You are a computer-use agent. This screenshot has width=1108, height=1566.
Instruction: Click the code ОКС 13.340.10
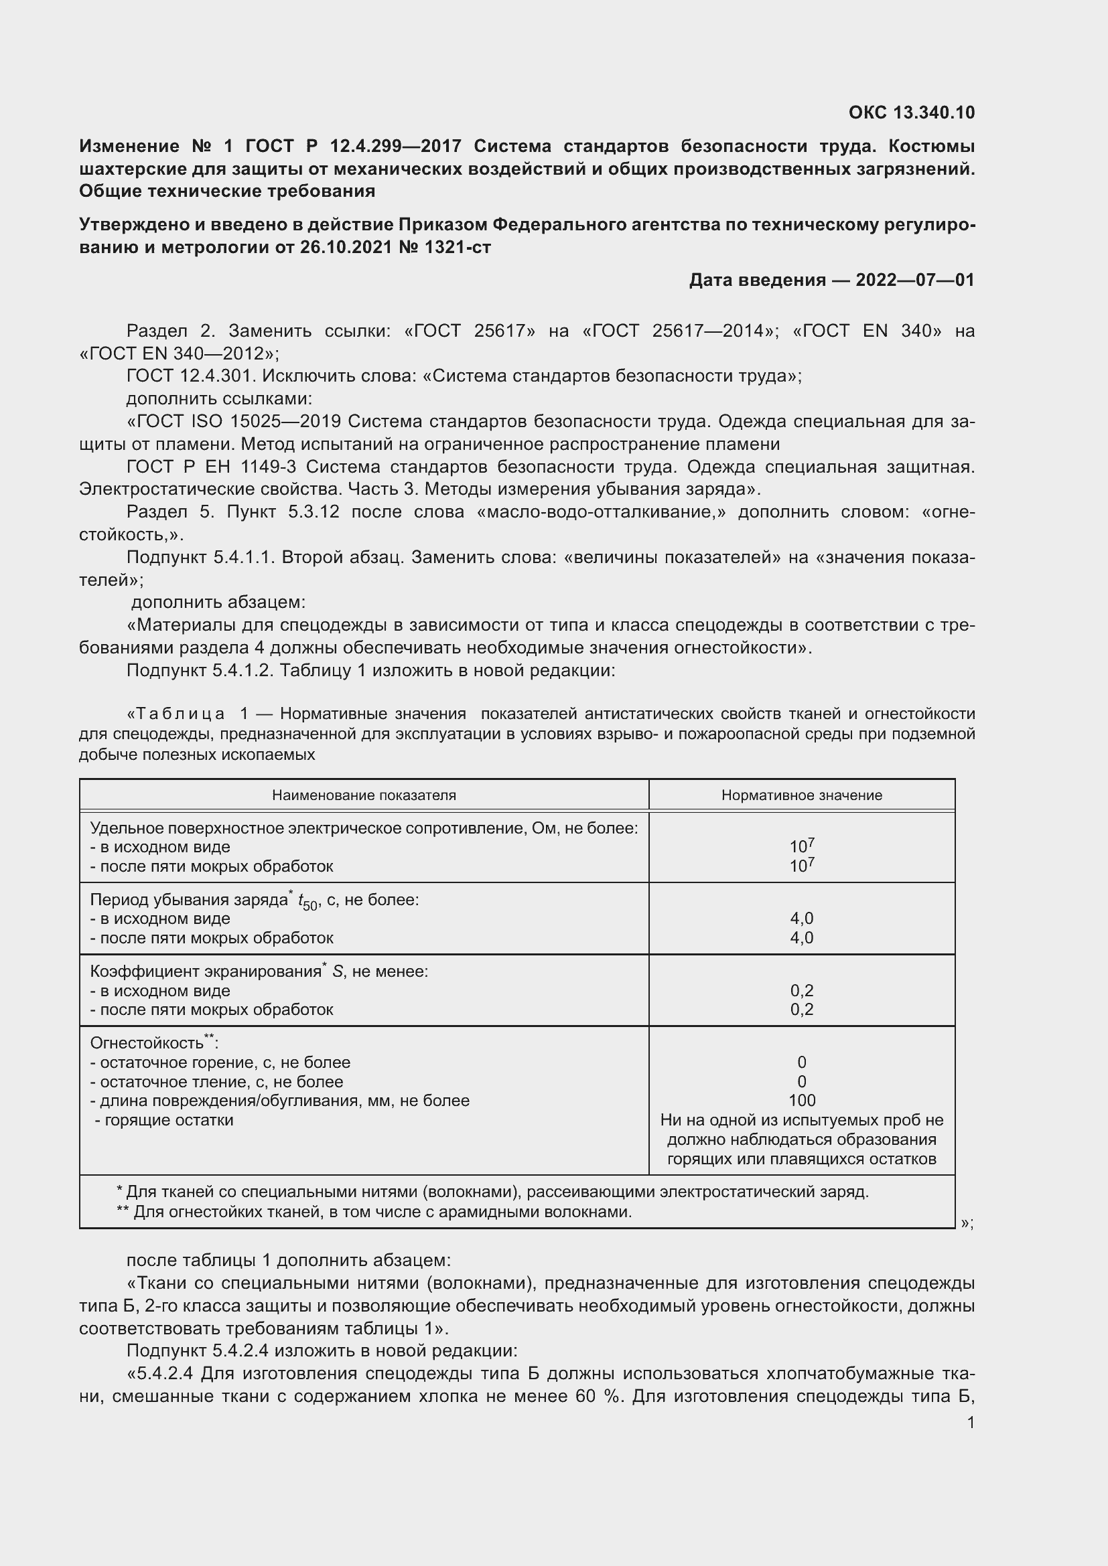[x=911, y=112]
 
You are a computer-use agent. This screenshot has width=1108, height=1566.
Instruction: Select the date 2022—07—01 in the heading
[x=914, y=280]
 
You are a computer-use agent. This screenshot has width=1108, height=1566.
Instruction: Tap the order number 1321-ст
[x=457, y=247]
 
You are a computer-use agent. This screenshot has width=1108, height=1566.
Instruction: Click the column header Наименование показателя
[x=364, y=795]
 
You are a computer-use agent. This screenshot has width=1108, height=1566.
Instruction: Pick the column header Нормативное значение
[x=801, y=795]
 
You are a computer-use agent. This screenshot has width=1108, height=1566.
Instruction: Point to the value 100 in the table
[x=801, y=1100]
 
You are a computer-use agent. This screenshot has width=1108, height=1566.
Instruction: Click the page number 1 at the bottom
[x=970, y=1423]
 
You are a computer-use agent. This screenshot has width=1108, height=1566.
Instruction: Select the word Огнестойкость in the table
[x=147, y=1044]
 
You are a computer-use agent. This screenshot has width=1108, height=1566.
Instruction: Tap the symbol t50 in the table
[x=307, y=902]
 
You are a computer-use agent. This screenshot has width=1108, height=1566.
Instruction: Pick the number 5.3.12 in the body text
[x=313, y=512]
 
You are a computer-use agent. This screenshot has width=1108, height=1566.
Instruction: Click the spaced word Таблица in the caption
[x=180, y=714]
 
